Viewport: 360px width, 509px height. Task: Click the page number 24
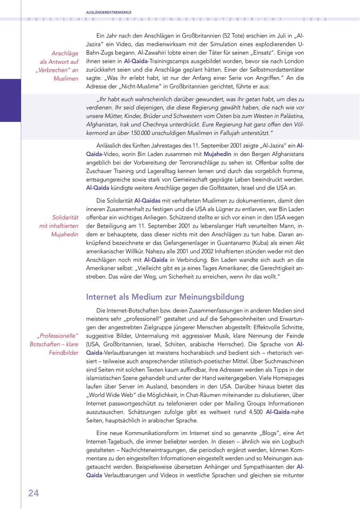[x=34, y=493]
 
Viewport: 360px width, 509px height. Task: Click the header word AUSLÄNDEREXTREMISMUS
[x=109, y=12]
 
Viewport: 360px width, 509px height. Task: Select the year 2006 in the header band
[x=315, y=19]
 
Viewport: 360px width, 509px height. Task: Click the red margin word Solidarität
[x=65, y=217]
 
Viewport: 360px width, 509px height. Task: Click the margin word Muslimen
[x=66, y=78]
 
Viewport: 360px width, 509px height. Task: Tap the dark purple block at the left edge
[x=10, y=100]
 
